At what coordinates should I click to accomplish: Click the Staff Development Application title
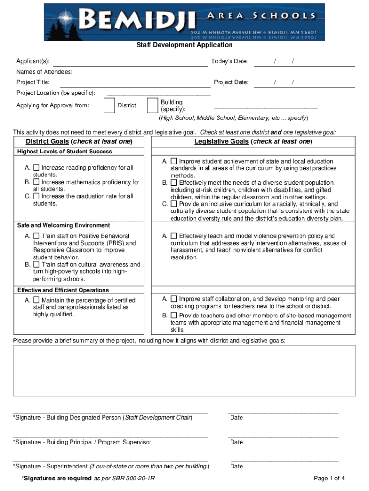(x=184, y=45)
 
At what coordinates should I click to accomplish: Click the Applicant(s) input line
(x=129, y=62)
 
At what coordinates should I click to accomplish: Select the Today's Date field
(x=304, y=62)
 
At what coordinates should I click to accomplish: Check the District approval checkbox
(x=109, y=105)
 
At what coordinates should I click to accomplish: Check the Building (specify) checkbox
(x=152, y=105)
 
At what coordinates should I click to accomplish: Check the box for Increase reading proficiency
(x=36, y=168)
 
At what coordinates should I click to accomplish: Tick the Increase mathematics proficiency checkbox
(x=36, y=182)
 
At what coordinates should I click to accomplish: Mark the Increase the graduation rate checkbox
(x=36, y=196)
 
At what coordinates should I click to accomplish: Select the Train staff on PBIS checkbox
(x=36, y=236)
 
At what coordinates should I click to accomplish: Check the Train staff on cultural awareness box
(x=36, y=264)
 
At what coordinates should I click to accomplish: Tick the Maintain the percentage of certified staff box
(x=36, y=300)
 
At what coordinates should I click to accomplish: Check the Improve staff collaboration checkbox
(x=173, y=299)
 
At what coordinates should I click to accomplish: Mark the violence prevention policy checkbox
(x=173, y=236)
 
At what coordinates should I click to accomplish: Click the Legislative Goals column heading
(x=253, y=141)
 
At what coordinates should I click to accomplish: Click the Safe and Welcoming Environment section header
(x=63, y=225)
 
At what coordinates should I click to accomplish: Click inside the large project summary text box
(x=184, y=370)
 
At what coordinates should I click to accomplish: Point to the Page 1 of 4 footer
(x=329, y=478)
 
